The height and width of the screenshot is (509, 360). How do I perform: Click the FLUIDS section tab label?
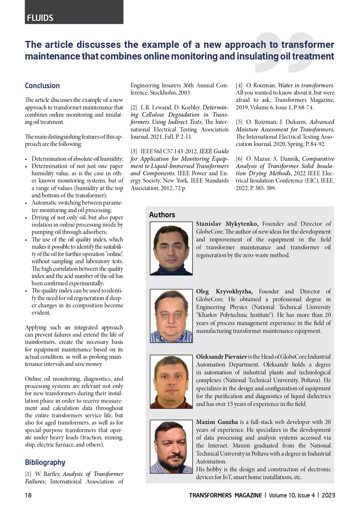40,18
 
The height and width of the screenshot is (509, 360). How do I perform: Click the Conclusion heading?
42,86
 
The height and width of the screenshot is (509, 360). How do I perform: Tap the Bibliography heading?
45,462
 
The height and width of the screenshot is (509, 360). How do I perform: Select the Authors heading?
162,215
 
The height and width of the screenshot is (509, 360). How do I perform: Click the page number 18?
28,495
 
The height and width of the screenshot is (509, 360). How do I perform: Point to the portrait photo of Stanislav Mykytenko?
171,248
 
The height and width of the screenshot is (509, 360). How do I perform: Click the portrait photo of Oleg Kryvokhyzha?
171,316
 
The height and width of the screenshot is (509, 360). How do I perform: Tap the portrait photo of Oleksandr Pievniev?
171,381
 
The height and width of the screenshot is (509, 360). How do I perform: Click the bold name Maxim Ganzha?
217,422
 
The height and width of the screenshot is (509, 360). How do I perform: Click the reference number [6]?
239,159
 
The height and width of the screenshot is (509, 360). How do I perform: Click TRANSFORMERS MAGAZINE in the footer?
226,495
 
